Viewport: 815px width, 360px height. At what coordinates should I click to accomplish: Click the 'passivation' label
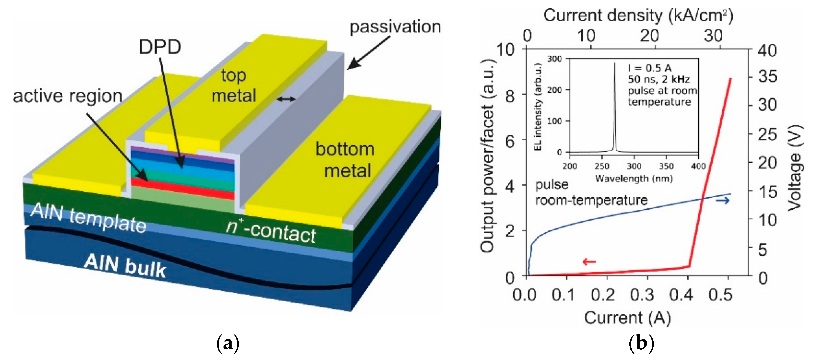pyautogui.click(x=395, y=27)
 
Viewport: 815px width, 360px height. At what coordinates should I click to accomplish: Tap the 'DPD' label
pyautogui.click(x=160, y=47)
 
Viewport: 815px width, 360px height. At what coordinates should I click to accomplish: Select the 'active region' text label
pyautogui.click(x=67, y=96)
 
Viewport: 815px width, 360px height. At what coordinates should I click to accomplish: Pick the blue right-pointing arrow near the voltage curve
pyautogui.click(x=723, y=200)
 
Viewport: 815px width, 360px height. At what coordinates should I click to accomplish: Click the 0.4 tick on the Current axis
pyautogui.click(x=681, y=295)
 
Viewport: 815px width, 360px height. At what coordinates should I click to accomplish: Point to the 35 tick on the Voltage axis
pyautogui.click(x=767, y=77)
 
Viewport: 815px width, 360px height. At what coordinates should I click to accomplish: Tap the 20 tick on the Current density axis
pyautogui.click(x=650, y=36)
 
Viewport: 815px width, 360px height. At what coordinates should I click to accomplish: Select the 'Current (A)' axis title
pyautogui.click(x=627, y=318)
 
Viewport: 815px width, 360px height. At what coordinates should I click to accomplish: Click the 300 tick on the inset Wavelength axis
pyautogui.click(x=634, y=166)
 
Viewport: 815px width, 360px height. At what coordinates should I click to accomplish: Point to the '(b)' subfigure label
pyautogui.click(x=641, y=343)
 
